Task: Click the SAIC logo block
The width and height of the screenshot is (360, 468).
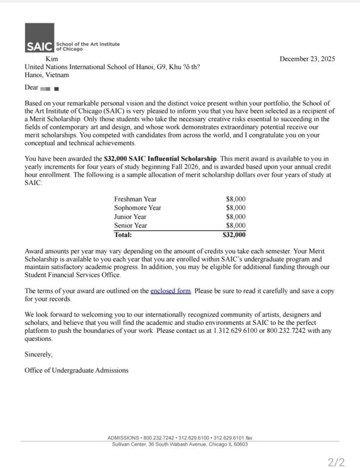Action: coord(39,39)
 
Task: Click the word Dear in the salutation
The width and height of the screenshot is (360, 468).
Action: coord(31,88)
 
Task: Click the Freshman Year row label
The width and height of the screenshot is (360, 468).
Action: coord(135,199)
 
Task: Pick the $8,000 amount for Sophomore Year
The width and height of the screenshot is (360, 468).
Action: coord(236,208)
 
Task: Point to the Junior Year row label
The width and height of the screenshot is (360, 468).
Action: coord(131,216)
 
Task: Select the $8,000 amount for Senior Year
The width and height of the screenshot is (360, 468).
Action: coord(236,225)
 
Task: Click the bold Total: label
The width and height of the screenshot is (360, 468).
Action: coord(123,235)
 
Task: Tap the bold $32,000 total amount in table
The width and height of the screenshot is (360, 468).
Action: coord(234,235)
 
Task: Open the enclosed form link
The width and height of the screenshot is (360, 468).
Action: coord(171,291)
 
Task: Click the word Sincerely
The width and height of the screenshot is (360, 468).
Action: coord(39,354)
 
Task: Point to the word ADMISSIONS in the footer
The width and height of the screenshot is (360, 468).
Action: coord(124,438)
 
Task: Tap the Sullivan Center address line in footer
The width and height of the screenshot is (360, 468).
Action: coord(179,444)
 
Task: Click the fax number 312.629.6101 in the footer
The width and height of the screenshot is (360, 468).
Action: coord(228,438)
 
